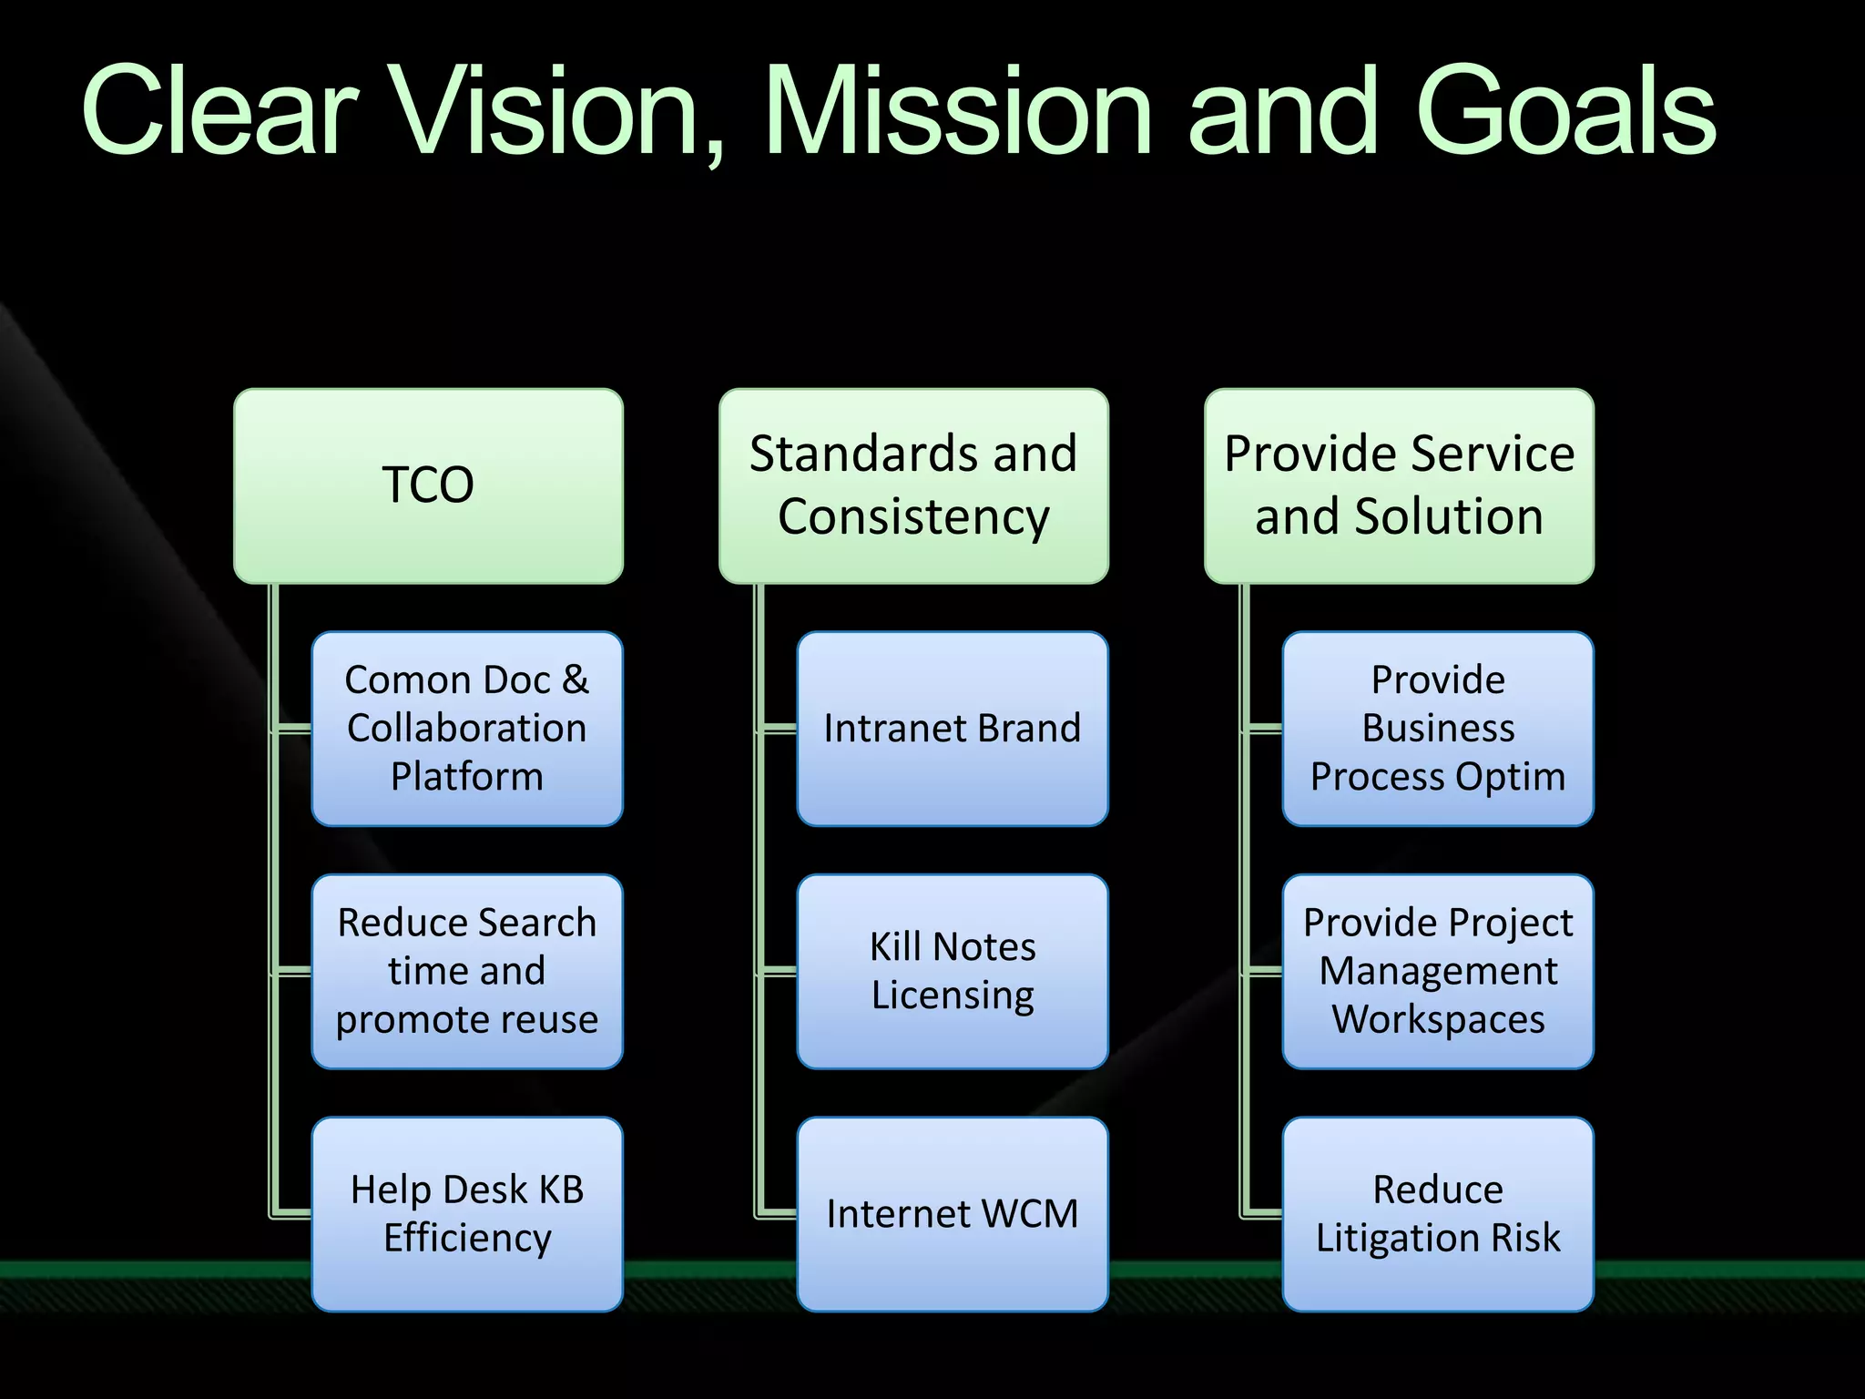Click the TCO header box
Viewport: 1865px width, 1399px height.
click(x=428, y=485)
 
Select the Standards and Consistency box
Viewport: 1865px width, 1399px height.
click(x=913, y=485)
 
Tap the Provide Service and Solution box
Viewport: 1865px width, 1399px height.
click(x=1399, y=485)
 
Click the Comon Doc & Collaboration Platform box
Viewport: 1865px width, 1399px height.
click(x=467, y=729)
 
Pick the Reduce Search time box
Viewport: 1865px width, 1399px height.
click(x=467, y=971)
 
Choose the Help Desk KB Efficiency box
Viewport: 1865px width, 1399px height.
click(x=467, y=1214)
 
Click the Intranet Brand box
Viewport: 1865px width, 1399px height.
click(x=953, y=729)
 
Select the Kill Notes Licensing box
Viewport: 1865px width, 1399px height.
click(x=953, y=971)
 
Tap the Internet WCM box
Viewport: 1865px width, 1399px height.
click(x=953, y=1214)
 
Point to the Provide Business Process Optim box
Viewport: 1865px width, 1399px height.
click(x=1438, y=729)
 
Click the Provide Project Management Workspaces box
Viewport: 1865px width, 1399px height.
click(x=1438, y=971)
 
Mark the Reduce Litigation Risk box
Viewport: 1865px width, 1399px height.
click(x=1438, y=1214)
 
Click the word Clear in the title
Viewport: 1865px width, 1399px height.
click(x=219, y=111)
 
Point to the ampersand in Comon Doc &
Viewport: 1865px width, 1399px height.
click(x=576, y=680)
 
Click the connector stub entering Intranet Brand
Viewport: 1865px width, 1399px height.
click(x=780, y=729)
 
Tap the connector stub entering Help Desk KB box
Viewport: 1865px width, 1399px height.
click(x=293, y=1213)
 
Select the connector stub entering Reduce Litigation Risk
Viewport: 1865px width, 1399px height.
click(x=1264, y=1213)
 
